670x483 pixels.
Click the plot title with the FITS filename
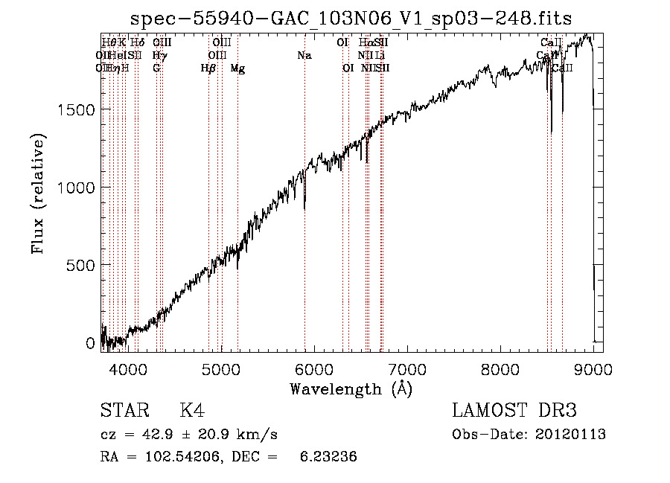(x=351, y=19)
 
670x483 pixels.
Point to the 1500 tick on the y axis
(x=75, y=109)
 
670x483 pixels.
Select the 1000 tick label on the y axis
(x=75, y=188)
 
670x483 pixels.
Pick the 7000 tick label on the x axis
(x=407, y=370)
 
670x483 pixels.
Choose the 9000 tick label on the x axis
(x=593, y=370)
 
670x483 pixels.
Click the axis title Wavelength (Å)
(x=351, y=388)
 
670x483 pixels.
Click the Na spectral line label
(x=304, y=55)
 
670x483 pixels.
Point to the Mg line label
(x=237, y=68)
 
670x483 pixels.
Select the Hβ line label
(x=208, y=68)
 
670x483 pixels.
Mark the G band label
(x=156, y=68)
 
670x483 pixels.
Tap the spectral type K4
(x=192, y=412)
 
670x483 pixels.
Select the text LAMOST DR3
(x=514, y=412)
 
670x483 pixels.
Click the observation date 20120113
(x=570, y=435)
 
